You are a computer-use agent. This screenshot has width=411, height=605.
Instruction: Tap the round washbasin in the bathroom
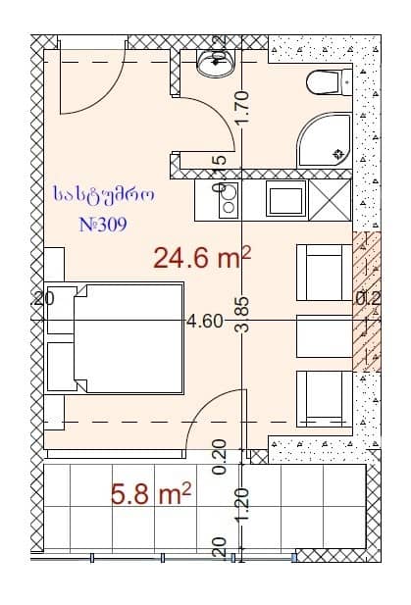(211, 63)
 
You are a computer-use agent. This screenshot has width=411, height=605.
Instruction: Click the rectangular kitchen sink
(286, 201)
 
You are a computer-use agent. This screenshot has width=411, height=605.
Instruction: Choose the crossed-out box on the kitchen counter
(331, 201)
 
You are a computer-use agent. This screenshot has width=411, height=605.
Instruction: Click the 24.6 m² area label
(202, 258)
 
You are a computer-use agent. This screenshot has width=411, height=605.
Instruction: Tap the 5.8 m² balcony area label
(150, 493)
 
